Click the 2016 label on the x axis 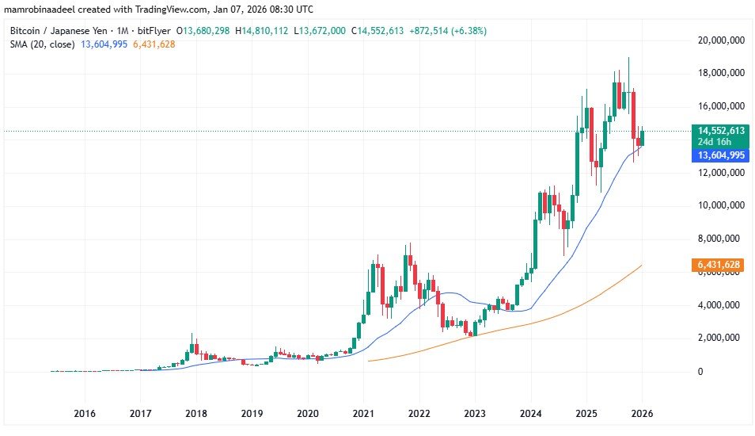[84, 413]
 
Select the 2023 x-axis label [474, 413]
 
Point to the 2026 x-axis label [642, 413]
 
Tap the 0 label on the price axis [699, 371]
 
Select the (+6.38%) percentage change [467, 30]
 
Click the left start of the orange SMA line [370, 361]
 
